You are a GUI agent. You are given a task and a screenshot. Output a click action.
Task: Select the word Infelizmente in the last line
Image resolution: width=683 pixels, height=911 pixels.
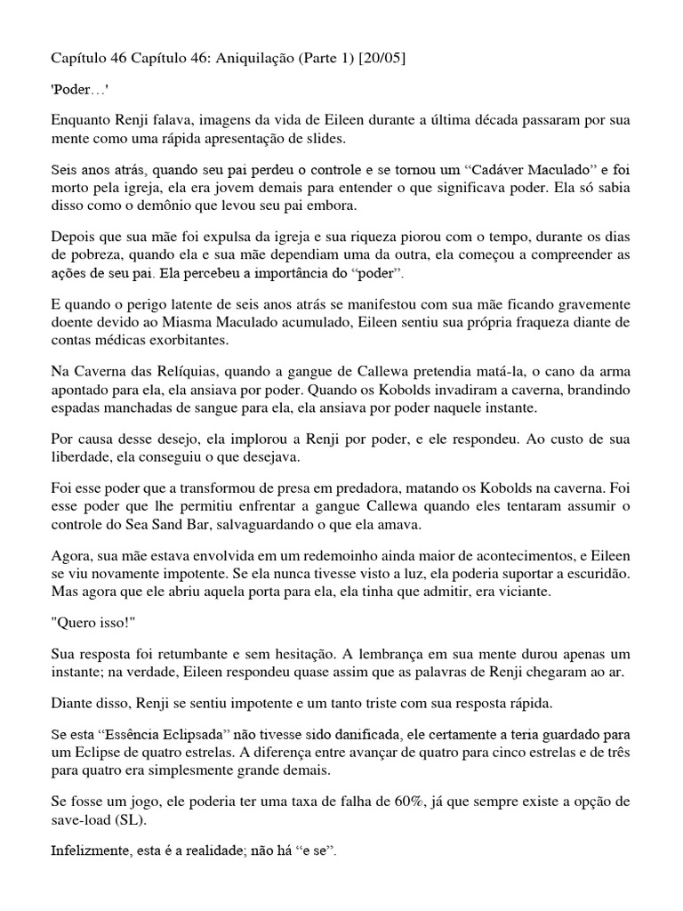[x=85, y=851]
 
